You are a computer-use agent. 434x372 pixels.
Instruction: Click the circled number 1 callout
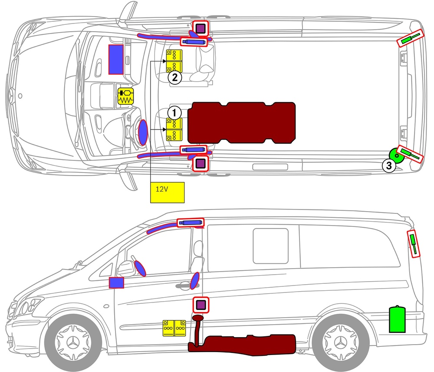[x=174, y=112]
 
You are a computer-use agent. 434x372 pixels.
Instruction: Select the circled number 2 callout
[x=174, y=78]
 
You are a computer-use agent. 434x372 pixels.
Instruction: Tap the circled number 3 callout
[x=388, y=165]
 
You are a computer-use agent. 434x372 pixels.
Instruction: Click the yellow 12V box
[x=168, y=193]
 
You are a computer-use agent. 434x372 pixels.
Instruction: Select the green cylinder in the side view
[x=397, y=319]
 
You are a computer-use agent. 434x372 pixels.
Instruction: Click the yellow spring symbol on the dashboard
[x=125, y=96]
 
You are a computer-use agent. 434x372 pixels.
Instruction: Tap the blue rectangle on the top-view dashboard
[x=116, y=59]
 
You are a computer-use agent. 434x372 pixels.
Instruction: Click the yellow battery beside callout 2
[x=174, y=61]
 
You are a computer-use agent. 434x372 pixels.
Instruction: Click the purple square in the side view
[x=201, y=305]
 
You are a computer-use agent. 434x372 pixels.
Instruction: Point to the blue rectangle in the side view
[x=116, y=283]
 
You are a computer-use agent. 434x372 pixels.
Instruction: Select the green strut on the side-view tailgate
[x=414, y=243]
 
